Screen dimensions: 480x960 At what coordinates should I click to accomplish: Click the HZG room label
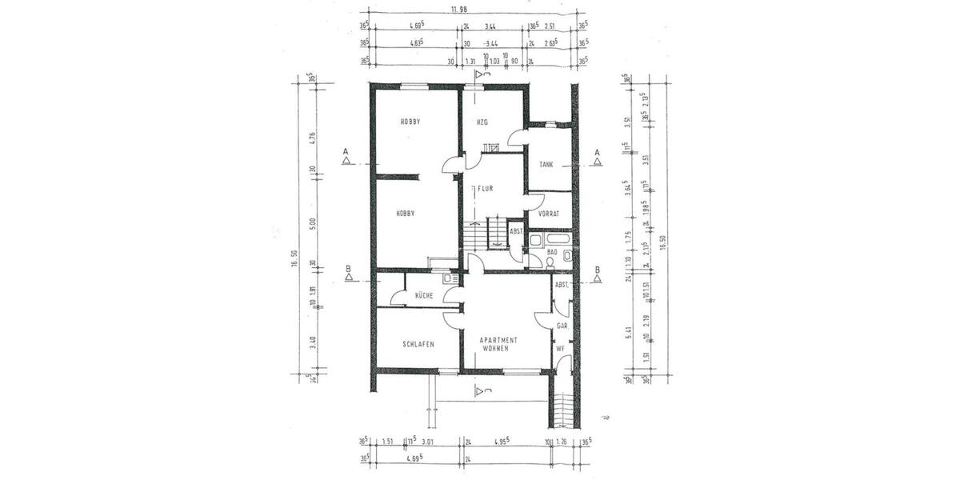[x=482, y=122]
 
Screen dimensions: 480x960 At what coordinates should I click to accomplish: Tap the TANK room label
[x=546, y=164]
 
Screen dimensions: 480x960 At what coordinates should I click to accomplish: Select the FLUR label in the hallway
[x=485, y=190]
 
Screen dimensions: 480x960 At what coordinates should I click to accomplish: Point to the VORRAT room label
[x=548, y=214]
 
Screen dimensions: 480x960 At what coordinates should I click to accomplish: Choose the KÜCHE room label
[x=424, y=296]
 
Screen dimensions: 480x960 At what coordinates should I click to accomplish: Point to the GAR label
[x=562, y=326]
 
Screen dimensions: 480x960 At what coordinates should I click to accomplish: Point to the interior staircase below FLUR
[x=498, y=234]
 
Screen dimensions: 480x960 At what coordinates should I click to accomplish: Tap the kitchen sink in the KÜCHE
[x=452, y=278]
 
